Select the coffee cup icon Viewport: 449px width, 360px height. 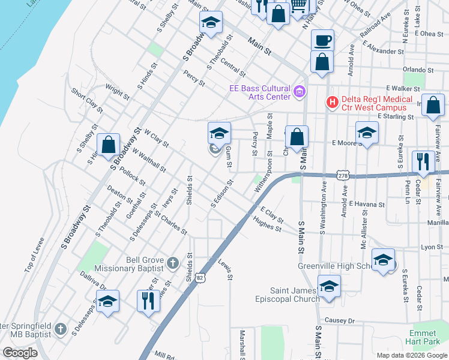tap(322, 41)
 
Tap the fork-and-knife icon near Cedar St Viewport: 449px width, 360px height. tap(423, 162)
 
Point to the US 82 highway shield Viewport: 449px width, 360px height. tap(200, 278)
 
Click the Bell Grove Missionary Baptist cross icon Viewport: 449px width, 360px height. tap(173, 263)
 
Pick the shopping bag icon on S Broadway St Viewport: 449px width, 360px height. tap(109, 145)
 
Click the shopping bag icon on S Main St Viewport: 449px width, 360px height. tap(297, 137)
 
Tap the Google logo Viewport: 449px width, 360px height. tap(20, 352)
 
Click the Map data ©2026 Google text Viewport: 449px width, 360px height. tap(411, 355)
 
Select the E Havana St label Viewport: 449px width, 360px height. tap(366, 205)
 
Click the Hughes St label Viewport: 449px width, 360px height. tap(267, 224)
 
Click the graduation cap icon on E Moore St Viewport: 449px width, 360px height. tap(367, 133)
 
